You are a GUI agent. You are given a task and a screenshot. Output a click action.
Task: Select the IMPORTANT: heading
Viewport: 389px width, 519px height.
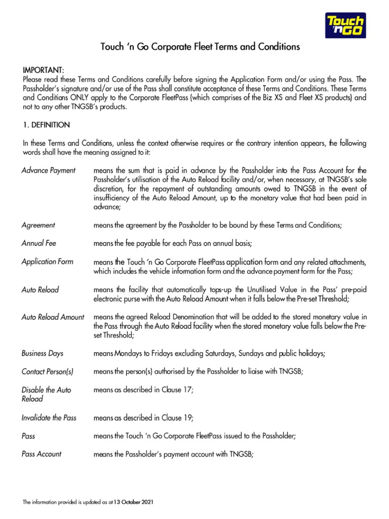[x=44, y=69]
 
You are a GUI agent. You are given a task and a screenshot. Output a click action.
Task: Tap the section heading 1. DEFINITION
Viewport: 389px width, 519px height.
[x=47, y=125]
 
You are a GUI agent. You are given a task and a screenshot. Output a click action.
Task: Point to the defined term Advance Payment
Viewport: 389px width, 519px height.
[x=49, y=170]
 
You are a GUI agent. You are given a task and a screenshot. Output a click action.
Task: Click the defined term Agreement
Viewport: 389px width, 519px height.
[x=38, y=225]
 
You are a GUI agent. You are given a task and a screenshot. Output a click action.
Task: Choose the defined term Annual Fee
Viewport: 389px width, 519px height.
[x=39, y=243]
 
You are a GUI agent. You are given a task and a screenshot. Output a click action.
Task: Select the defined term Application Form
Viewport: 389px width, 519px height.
[x=47, y=262]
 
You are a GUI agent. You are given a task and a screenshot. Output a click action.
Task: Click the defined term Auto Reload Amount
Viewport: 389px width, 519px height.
[x=53, y=317]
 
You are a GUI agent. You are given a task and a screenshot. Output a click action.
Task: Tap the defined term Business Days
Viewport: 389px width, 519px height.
[x=43, y=353]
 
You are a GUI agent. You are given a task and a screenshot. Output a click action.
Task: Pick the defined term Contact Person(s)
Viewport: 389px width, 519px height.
[x=48, y=372]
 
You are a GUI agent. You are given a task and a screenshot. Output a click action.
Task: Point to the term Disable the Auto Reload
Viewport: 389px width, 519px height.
[x=46, y=394]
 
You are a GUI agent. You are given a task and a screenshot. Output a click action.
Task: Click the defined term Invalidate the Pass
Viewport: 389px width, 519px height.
[x=49, y=418]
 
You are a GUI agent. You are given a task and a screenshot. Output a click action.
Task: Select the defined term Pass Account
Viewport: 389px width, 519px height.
[x=42, y=454]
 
